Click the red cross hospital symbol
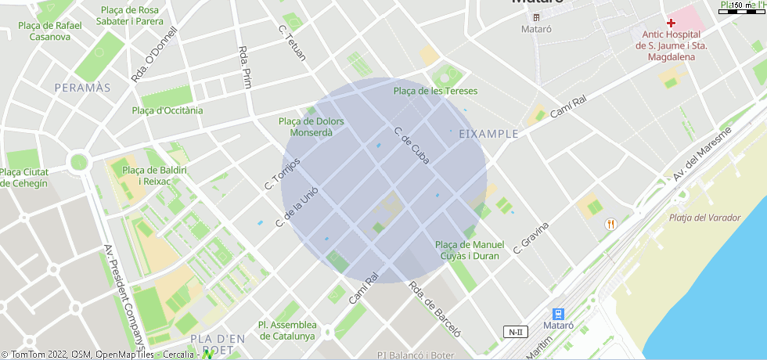click(672, 23)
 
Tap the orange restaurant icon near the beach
click(610, 224)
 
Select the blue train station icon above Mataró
click(558, 313)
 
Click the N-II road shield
click(514, 332)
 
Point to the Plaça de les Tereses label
click(435, 91)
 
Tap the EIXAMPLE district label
click(488, 134)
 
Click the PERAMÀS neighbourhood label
click(82, 88)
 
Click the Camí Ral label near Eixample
click(568, 108)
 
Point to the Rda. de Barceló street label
click(435, 308)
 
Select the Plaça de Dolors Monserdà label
click(311, 127)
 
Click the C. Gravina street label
click(531, 238)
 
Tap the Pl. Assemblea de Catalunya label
click(287, 330)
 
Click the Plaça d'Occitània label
click(167, 110)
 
